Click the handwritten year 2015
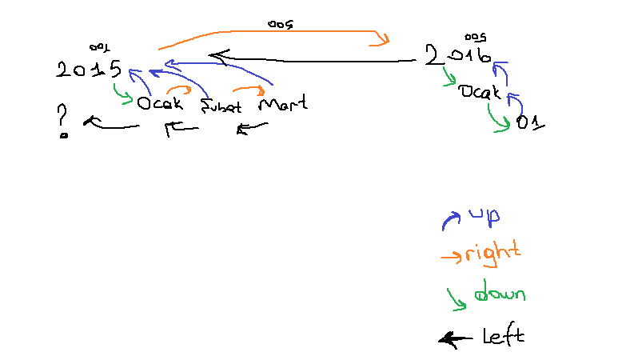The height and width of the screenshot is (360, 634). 89,70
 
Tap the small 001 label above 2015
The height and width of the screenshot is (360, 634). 100,48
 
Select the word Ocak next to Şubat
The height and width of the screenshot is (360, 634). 160,103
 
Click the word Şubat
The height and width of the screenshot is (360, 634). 221,106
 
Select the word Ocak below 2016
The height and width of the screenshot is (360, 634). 479,92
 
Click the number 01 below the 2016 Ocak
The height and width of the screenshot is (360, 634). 530,122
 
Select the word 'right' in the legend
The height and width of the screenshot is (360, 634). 492,254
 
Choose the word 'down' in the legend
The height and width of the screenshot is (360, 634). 499,294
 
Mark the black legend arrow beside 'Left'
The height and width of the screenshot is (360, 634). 456,339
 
